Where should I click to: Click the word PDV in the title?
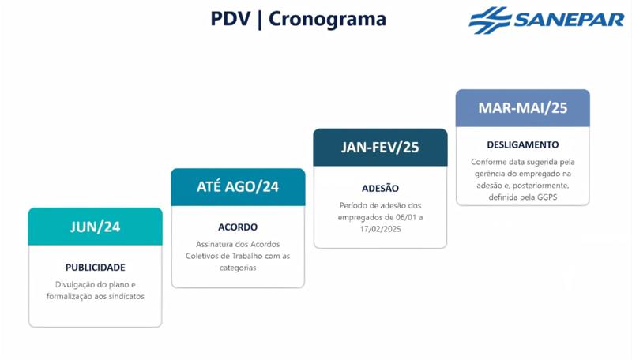pyautogui.click(x=231, y=19)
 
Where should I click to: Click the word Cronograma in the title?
pyautogui.click(x=327, y=20)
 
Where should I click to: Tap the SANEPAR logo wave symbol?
pyautogui.click(x=490, y=21)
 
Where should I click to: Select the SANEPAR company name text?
pyautogui.click(x=569, y=20)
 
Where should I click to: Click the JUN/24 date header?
pyautogui.click(x=95, y=227)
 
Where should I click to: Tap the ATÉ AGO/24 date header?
pyautogui.click(x=238, y=187)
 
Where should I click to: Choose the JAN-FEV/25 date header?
pyautogui.click(x=380, y=148)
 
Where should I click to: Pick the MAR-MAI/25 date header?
pyautogui.click(x=523, y=108)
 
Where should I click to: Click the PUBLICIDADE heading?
pyautogui.click(x=95, y=268)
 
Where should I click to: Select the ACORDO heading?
pyautogui.click(x=238, y=227)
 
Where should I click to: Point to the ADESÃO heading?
pyautogui.click(x=380, y=188)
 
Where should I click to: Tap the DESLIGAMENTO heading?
pyautogui.click(x=523, y=145)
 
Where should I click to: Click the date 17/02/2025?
pyautogui.click(x=380, y=229)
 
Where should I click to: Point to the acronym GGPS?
pyautogui.click(x=547, y=197)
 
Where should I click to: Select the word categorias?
pyautogui.click(x=238, y=268)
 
